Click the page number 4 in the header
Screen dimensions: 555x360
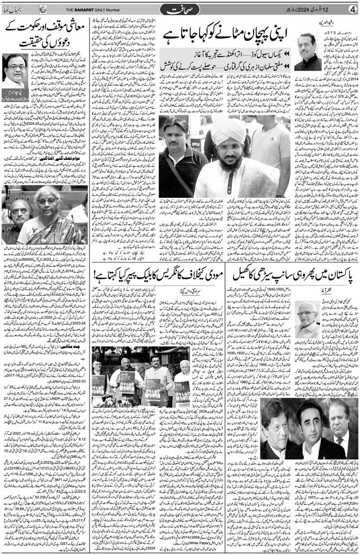tap(351, 9)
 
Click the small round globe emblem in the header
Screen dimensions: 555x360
tap(43, 9)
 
